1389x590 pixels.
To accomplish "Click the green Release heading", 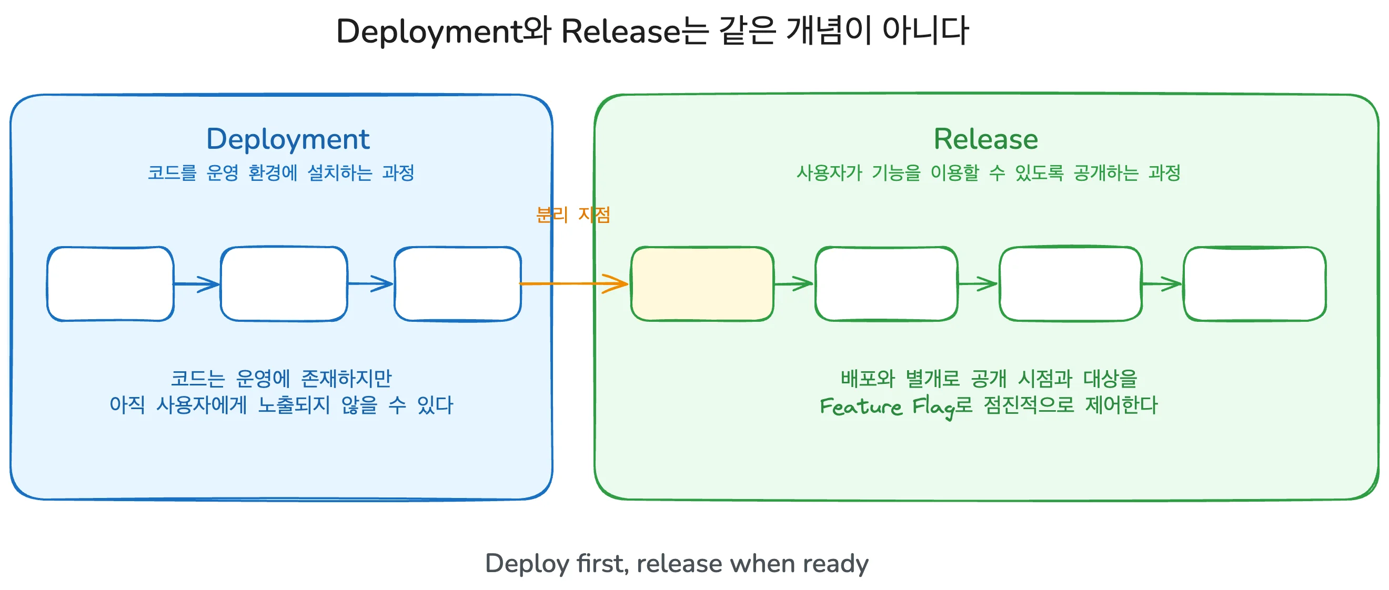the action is click(x=985, y=139).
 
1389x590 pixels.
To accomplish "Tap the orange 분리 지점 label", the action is click(x=572, y=215).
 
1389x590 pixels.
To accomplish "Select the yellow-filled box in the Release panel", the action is click(x=702, y=284).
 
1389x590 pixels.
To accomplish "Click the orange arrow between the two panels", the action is click(x=573, y=283).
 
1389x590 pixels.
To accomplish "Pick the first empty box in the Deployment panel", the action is click(x=110, y=284).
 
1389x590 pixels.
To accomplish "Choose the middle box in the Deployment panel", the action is click(x=284, y=284).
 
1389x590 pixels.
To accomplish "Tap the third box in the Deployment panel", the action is click(x=458, y=284).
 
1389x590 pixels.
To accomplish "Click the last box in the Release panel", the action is click(x=1254, y=284).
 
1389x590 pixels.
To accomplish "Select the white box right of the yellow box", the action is click(x=887, y=284).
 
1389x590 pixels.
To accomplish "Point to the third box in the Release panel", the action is click(x=1070, y=284).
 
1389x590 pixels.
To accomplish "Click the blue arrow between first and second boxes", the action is click(x=197, y=284).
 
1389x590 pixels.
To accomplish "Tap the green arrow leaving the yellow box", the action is click(x=794, y=283).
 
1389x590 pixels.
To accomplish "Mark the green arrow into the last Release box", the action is click(x=1162, y=283).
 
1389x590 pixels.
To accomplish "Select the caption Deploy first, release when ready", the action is click(x=677, y=564).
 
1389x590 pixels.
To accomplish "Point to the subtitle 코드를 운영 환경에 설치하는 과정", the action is click(x=281, y=172).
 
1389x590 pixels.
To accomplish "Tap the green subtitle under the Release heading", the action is click(x=989, y=172).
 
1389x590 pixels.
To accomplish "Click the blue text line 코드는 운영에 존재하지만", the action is click(x=281, y=378).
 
